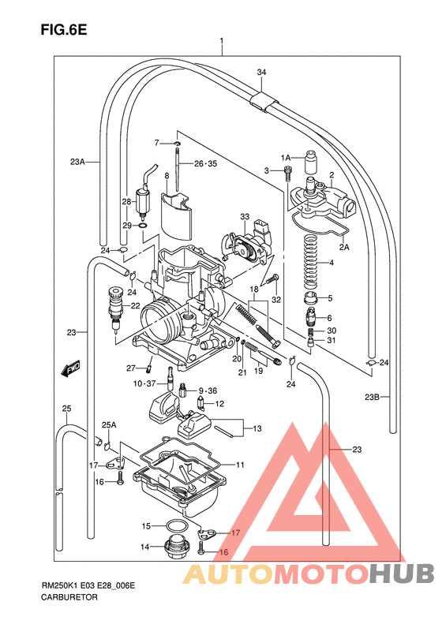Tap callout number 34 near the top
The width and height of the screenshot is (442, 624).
pyautogui.click(x=261, y=73)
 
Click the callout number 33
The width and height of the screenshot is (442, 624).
pyautogui.click(x=245, y=217)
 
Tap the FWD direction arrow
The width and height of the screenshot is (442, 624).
pyautogui.click(x=69, y=367)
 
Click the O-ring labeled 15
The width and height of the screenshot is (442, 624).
pyautogui.click(x=177, y=526)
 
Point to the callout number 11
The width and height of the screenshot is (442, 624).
pyautogui.click(x=241, y=465)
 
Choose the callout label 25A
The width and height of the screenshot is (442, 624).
pyautogui.click(x=108, y=424)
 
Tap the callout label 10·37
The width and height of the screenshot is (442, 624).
pyautogui.click(x=144, y=383)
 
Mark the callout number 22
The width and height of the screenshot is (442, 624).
pyautogui.click(x=135, y=306)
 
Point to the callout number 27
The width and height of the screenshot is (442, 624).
pyautogui.click(x=131, y=367)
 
